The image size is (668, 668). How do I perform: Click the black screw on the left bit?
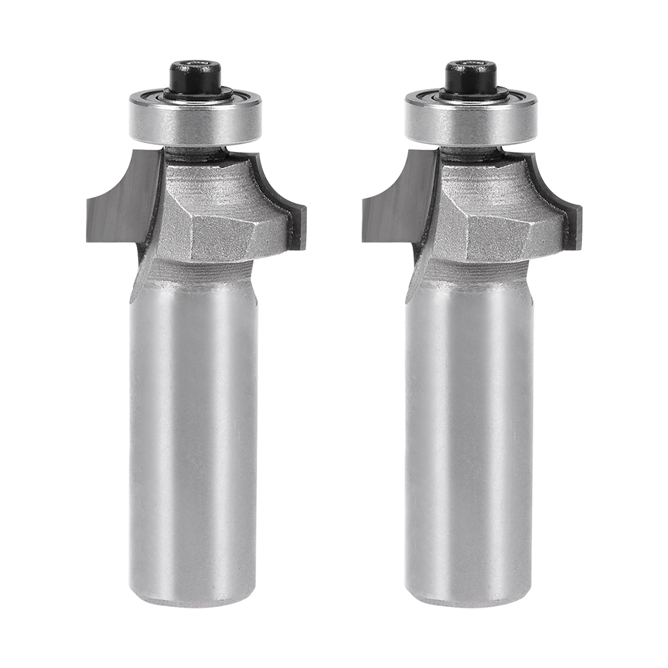pos(195,78)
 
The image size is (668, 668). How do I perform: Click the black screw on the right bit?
pos(472,78)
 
